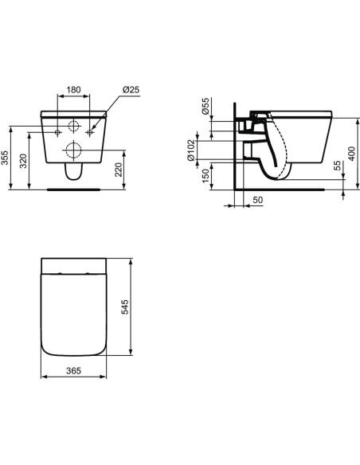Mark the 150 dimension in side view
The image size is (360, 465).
pos(205,174)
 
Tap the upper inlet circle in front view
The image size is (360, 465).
pos(72,125)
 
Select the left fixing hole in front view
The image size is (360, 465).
pos(57,131)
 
